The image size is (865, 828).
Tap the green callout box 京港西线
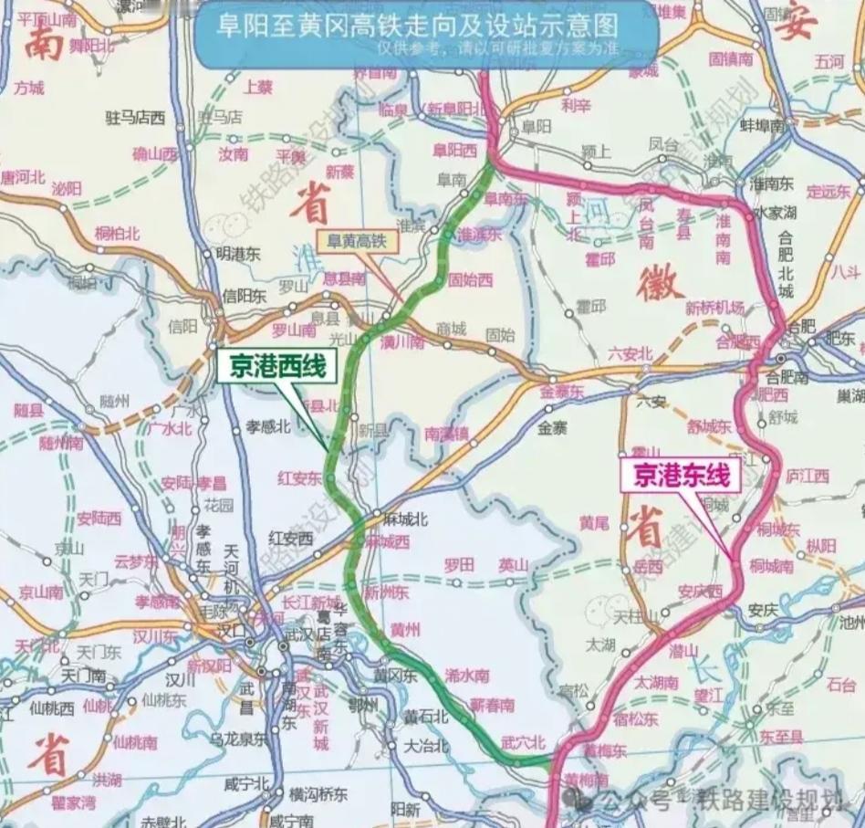(x=276, y=367)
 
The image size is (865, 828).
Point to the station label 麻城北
(x=405, y=519)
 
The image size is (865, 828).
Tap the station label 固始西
(x=470, y=279)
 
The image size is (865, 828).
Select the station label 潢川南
(x=405, y=341)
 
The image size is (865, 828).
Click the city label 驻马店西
(x=135, y=117)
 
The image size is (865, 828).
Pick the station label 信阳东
(x=245, y=295)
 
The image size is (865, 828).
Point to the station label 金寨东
(x=561, y=391)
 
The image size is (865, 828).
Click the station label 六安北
(x=630, y=353)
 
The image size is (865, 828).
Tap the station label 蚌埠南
(x=763, y=125)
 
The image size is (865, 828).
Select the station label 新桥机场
(x=714, y=306)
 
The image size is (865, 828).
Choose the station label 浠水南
(x=467, y=676)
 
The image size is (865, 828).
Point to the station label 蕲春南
(x=492, y=705)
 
